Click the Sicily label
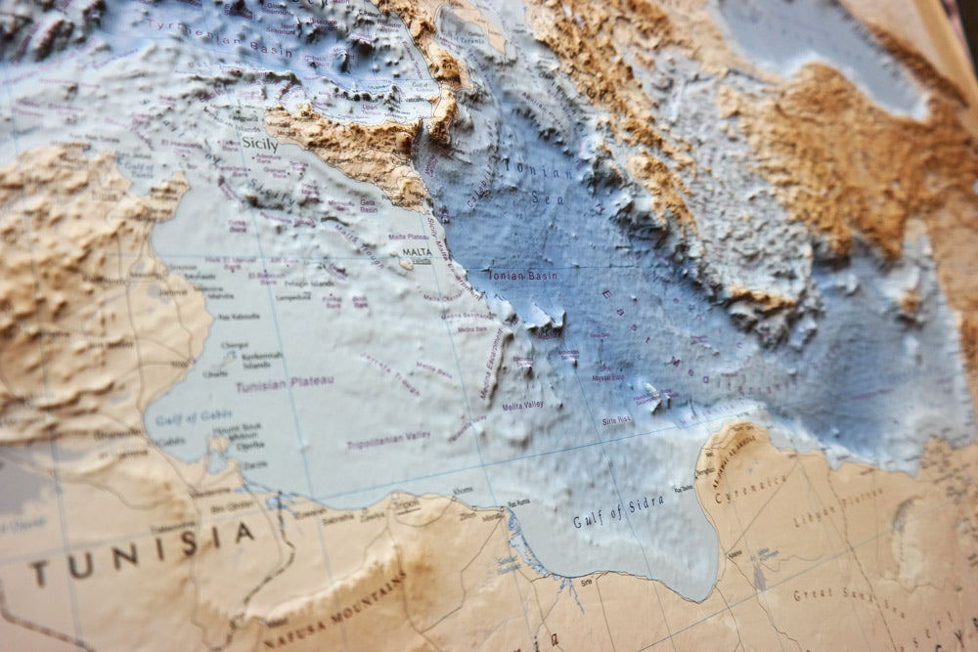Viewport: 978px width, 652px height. [x=259, y=145]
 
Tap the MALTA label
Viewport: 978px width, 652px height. [x=417, y=252]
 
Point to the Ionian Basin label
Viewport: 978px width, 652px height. [x=522, y=276]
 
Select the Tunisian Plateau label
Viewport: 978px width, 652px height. [x=285, y=382]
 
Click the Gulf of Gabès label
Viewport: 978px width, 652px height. [x=195, y=416]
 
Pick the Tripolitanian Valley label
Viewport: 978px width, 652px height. [x=387, y=441]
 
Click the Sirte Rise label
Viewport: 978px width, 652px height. [x=616, y=420]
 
